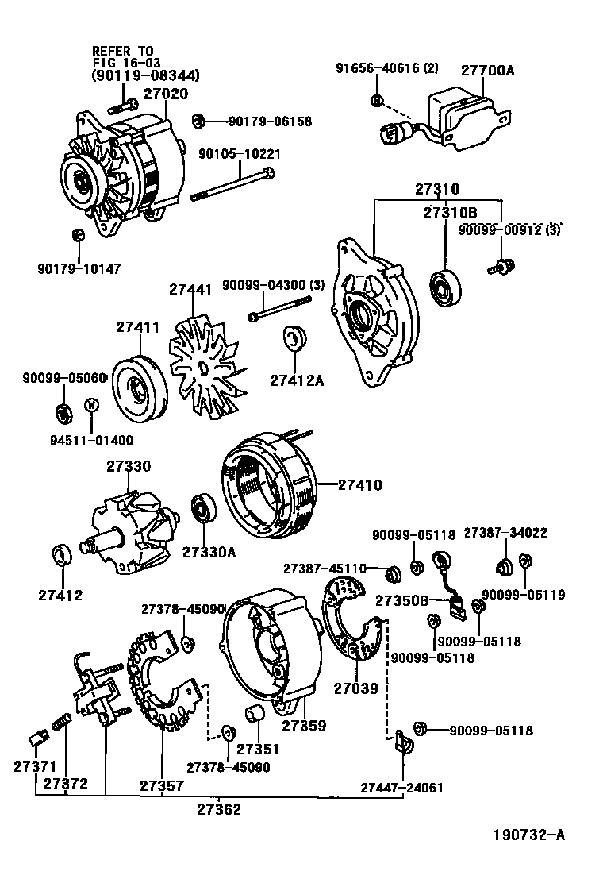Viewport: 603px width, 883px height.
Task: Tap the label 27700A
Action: coord(488,71)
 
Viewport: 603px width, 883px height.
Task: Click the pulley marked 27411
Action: coord(138,391)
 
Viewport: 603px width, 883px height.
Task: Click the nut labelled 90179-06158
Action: coord(200,121)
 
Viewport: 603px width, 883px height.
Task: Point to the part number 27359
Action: coord(303,725)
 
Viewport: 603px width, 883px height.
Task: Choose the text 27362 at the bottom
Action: coord(219,809)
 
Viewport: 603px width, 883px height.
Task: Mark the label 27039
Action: coord(356,689)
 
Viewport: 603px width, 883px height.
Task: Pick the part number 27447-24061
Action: coord(401,788)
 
